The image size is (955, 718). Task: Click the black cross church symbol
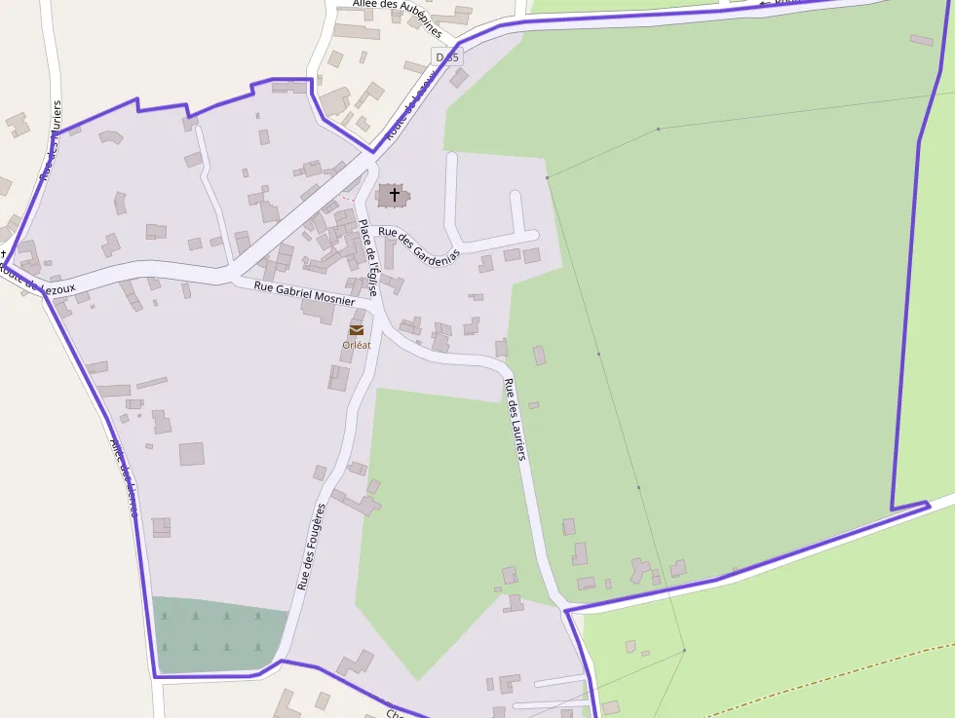point(395,195)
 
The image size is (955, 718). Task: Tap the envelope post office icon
point(357,330)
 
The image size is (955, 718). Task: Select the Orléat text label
point(357,345)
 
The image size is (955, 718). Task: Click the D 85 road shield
point(448,57)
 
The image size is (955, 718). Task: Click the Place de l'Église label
point(367,257)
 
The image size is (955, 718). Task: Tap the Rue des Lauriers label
point(516,418)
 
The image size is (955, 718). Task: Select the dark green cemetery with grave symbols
point(220,633)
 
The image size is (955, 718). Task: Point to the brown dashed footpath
point(838,672)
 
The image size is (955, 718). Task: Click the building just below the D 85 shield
point(458,78)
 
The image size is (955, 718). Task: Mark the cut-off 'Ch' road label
point(395,713)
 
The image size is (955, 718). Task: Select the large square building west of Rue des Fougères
point(192,454)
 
